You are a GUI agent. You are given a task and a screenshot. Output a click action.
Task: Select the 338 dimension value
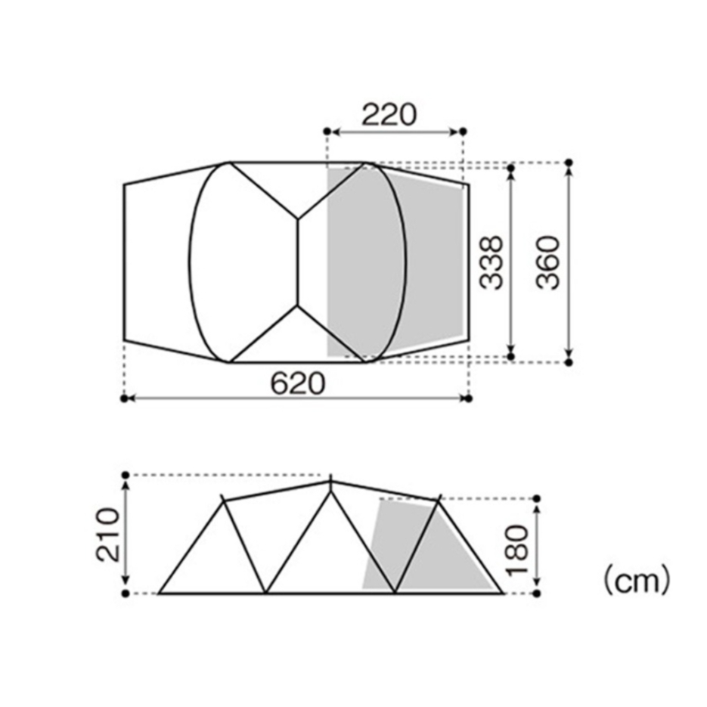point(491,262)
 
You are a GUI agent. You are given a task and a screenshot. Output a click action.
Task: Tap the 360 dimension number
point(548,262)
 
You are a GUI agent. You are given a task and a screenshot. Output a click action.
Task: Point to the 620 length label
point(298,383)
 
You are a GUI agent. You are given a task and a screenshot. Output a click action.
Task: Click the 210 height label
point(108,535)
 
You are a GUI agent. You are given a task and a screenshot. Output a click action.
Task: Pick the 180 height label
point(516,550)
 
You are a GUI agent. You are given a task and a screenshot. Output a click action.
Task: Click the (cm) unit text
point(637,581)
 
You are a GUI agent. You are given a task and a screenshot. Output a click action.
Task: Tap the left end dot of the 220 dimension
point(327,132)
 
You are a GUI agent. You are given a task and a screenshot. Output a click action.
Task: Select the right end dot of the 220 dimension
point(463,132)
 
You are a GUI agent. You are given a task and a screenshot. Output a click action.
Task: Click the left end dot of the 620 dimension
point(125,398)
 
